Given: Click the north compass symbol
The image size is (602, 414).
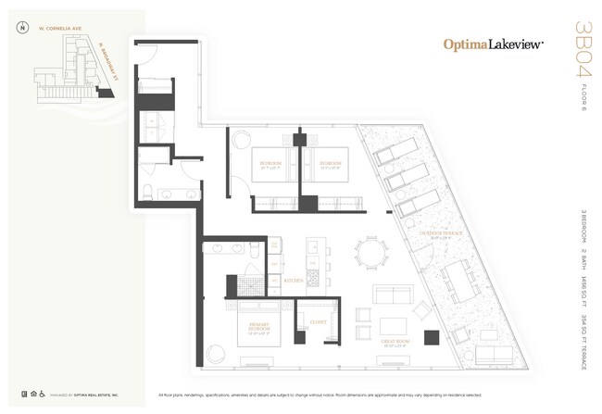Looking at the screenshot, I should coord(21,27).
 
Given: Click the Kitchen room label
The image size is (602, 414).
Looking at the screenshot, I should coord(294,279).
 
